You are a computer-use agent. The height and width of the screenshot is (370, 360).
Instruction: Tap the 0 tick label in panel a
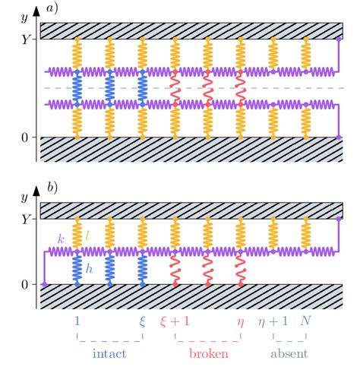click(28, 138)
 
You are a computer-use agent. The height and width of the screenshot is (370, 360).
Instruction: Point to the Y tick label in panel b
click(27, 218)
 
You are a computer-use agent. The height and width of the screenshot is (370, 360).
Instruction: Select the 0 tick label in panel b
click(28, 284)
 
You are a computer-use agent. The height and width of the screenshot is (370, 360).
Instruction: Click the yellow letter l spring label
click(87, 238)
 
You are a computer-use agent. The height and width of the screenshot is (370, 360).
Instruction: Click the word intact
click(109, 353)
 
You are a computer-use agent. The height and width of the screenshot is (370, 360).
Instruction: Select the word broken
click(208, 353)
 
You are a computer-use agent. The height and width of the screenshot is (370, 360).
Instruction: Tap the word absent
click(290, 353)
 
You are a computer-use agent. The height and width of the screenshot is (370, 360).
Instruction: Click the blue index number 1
click(77, 321)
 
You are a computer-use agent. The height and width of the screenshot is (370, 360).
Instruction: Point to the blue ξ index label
click(142, 321)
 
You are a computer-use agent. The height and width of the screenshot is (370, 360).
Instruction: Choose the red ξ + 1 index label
click(175, 321)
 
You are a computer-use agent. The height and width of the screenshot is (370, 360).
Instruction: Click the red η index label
click(241, 322)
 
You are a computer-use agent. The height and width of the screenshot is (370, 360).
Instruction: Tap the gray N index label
click(307, 321)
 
